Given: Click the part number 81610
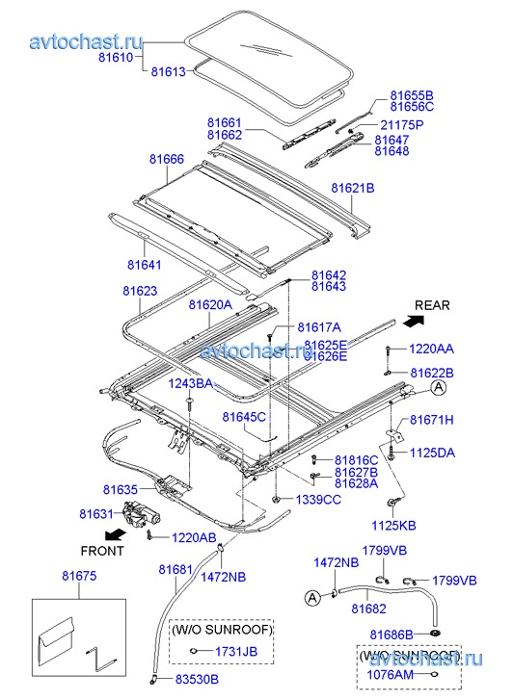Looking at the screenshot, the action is coord(116,57).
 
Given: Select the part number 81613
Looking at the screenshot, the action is coord(168,71).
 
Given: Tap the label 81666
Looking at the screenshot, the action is coord(167,159).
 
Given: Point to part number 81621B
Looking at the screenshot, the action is coord(353,188).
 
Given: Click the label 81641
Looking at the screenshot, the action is coord(145,265).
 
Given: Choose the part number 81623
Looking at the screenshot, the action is coord(140,291).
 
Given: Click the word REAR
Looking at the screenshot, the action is coord(432,305).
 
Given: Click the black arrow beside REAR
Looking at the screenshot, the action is coord(414,320).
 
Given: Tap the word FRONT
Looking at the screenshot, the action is coord(102,551).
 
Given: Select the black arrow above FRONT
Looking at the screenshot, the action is coord(115,533).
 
